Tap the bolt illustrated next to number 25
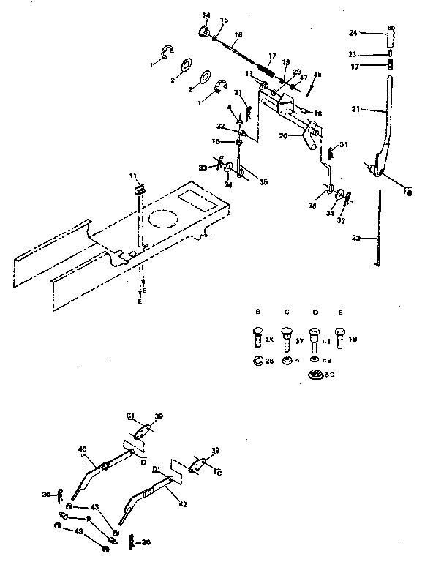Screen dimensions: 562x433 [x=257, y=340]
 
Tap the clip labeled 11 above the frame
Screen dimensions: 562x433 [x=139, y=189]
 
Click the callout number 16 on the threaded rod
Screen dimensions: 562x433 [x=238, y=35]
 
